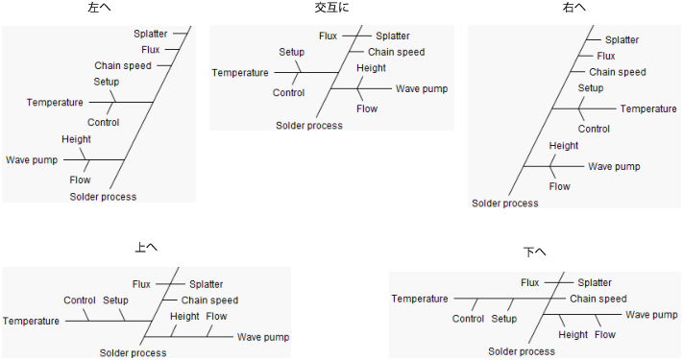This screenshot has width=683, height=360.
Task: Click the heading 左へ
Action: (98, 8)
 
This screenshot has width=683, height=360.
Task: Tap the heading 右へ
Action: (574, 8)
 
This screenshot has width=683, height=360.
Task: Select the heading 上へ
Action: (146, 247)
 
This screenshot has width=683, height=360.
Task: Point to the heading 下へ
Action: (535, 252)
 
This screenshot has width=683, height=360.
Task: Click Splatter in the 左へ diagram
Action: (151, 34)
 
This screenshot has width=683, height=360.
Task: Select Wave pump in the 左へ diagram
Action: (32, 159)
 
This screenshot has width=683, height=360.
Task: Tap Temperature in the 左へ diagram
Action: (54, 103)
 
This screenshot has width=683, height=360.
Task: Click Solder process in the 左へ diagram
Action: (103, 197)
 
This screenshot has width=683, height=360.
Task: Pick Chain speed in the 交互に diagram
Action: (396, 52)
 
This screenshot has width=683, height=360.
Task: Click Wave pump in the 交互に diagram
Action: (421, 88)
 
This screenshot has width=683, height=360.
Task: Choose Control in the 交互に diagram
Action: (288, 93)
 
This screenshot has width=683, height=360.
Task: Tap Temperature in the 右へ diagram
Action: (647, 108)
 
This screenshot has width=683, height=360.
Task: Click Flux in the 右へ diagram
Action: (605, 56)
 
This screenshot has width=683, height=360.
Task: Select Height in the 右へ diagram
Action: (564, 146)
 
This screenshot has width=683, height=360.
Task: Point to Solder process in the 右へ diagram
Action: (505, 203)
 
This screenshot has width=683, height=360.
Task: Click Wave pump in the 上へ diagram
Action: (263, 337)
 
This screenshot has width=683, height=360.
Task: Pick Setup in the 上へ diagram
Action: (115, 300)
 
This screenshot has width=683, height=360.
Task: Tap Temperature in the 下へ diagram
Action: (420, 299)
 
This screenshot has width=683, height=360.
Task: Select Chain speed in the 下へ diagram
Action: (598, 299)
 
